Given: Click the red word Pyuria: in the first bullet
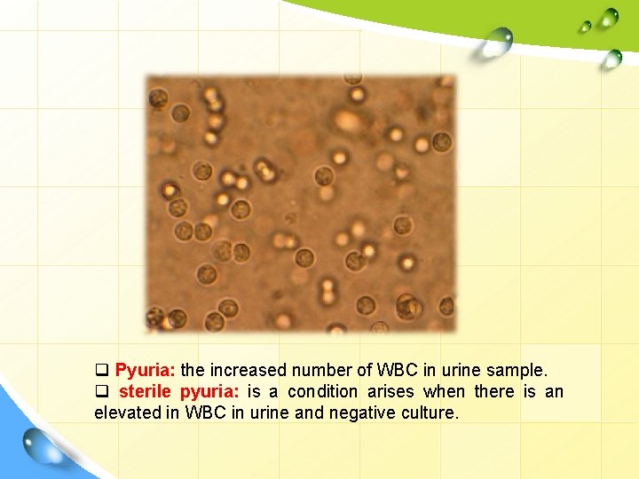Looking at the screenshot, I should pos(146,370).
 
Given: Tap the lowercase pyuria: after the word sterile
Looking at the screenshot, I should pos(209,391).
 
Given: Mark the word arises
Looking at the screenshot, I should pos(392,391).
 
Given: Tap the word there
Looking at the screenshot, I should pos(494,391).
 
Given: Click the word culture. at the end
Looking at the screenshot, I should pos(430,412).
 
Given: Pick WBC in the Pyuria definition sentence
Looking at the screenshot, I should pos(398,370).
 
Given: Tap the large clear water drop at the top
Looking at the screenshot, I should pos(497,41).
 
